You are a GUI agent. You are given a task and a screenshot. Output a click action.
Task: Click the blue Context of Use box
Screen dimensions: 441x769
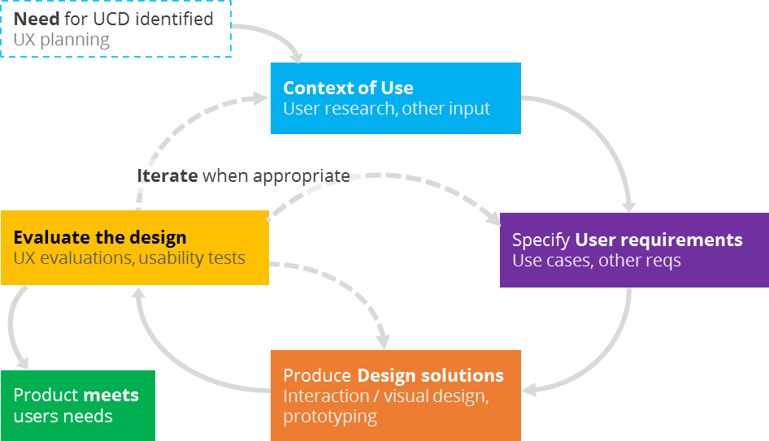(x=395, y=97)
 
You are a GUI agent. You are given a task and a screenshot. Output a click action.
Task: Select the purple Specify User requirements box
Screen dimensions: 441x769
(x=634, y=250)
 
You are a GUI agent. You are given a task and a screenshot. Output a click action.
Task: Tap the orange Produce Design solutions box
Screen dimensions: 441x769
(x=395, y=396)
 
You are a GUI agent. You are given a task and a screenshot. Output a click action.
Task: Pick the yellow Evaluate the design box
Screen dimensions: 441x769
(x=134, y=248)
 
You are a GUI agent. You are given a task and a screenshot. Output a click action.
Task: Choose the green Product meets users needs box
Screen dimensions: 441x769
(x=77, y=405)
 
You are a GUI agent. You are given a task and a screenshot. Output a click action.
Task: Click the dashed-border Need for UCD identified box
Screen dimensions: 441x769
(x=115, y=28)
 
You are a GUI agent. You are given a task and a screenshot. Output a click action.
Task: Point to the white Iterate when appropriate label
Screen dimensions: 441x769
(x=244, y=176)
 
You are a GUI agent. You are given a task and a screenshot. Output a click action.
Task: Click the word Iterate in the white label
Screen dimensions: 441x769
(x=167, y=176)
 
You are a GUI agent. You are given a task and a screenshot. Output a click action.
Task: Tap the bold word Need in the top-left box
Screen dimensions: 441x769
(x=36, y=19)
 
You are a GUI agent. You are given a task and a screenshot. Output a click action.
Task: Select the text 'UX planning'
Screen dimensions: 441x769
(x=61, y=39)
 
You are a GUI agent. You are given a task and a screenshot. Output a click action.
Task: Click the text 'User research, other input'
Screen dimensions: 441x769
(x=386, y=109)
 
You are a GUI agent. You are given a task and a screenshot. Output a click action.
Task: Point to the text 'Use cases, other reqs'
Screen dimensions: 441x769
(x=596, y=261)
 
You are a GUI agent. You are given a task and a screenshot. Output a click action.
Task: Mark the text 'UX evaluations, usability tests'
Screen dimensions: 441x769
(x=129, y=259)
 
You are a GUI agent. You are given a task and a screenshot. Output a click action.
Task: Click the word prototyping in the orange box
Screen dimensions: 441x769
(x=330, y=417)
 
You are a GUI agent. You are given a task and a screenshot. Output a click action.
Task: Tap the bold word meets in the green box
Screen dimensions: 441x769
(x=111, y=396)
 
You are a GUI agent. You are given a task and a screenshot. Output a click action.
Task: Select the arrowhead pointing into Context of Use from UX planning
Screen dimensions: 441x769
(x=296, y=57)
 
